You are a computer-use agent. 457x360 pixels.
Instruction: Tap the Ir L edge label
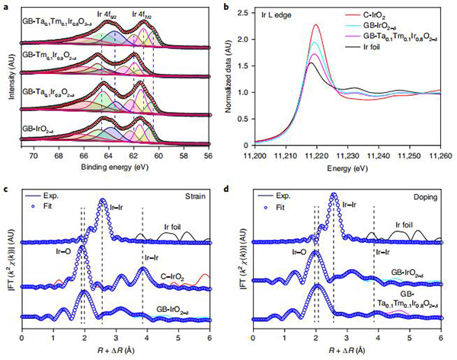tap(272, 15)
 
